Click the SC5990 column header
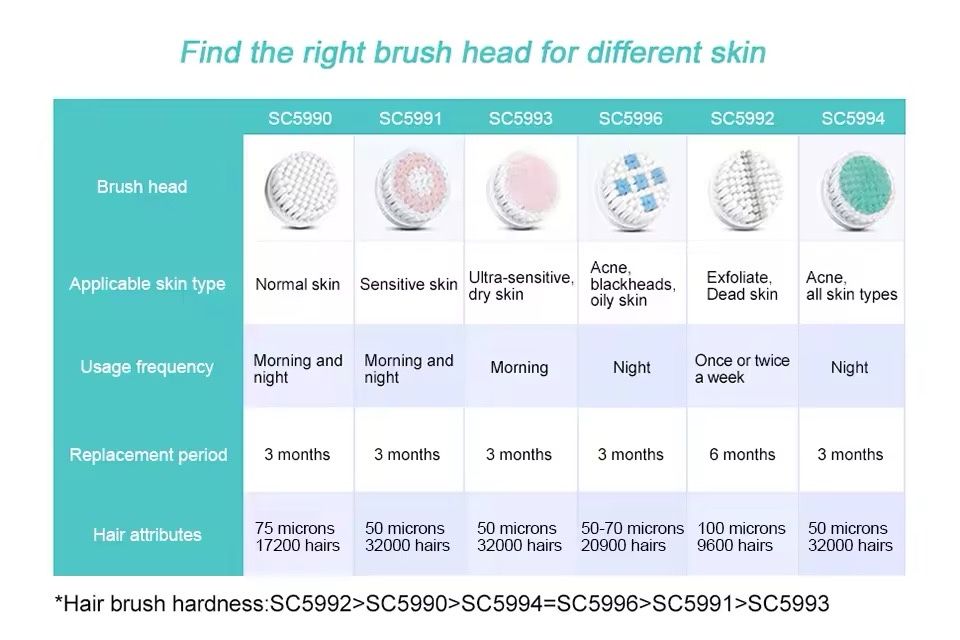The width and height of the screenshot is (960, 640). coord(300,118)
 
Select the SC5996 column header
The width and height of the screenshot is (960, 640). coord(631,118)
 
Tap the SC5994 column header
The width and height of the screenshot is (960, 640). coord(853,118)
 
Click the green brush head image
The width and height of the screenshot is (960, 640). coord(857,190)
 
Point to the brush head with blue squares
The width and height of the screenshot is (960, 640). coord(633,190)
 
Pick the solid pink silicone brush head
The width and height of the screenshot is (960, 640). coord(523,190)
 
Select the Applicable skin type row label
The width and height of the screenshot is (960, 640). coord(147,284)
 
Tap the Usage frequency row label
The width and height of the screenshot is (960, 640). coord(147,367)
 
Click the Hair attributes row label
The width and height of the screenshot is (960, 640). coord(147,535)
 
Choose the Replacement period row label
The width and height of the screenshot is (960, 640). coord(148,454)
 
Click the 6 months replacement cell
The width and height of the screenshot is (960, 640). coord(742,454)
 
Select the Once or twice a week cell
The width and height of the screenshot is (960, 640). coord(742,369)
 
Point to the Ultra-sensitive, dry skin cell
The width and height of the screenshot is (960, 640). coord(521,286)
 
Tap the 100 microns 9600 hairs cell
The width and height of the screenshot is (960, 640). coord(741,536)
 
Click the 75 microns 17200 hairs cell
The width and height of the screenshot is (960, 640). coord(297,536)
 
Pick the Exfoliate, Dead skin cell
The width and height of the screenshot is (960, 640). coord(742,286)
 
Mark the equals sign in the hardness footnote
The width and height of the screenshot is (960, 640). coord(549,604)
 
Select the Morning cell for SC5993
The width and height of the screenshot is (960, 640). coord(519,367)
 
